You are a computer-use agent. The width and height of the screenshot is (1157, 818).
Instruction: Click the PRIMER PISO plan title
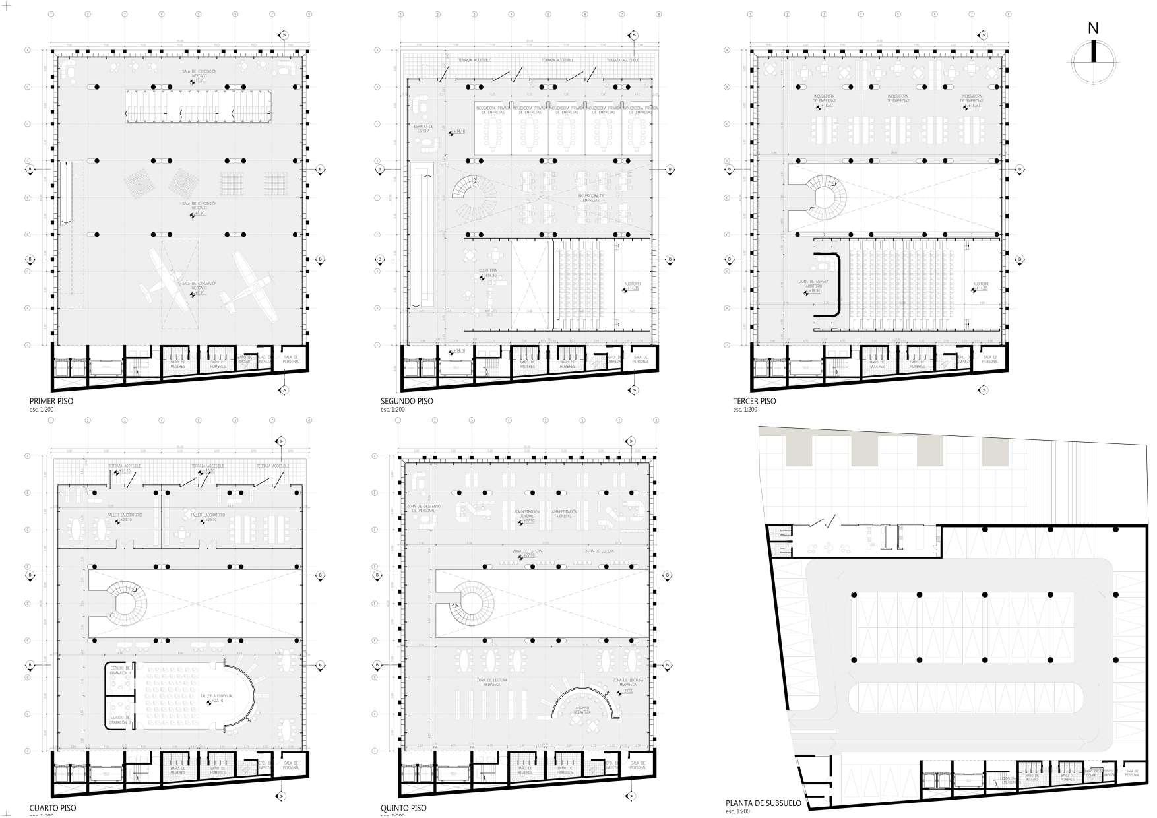(x=51, y=401)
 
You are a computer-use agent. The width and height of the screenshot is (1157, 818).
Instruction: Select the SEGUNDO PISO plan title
(x=407, y=401)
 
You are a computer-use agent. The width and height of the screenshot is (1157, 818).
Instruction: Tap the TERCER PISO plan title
(x=754, y=401)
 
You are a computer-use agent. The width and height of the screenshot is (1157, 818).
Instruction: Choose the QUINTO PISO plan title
(x=404, y=808)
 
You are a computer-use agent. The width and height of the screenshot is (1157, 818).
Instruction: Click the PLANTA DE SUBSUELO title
(x=763, y=803)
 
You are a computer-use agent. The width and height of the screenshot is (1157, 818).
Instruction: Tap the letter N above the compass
(x=1093, y=28)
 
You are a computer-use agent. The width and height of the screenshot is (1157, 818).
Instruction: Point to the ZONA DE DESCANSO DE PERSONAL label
(x=420, y=509)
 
